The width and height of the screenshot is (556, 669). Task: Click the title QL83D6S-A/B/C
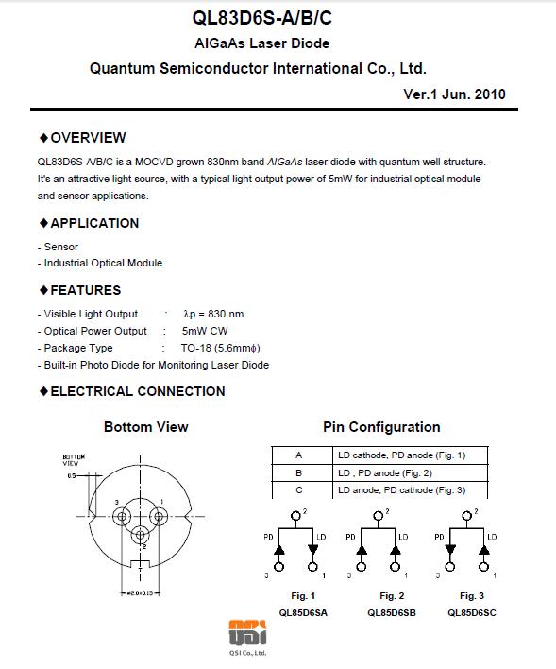tap(261, 18)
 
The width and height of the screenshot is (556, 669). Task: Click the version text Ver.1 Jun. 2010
tap(454, 94)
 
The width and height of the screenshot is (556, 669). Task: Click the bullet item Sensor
tap(61, 247)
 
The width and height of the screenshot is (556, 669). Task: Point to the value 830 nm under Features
tap(226, 314)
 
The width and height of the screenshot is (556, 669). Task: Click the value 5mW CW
tap(205, 331)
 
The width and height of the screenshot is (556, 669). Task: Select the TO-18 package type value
tap(221, 348)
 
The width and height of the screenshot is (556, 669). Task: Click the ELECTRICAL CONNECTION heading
tap(138, 391)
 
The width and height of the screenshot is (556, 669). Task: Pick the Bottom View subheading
tap(145, 427)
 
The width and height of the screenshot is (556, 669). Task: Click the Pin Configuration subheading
tap(381, 427)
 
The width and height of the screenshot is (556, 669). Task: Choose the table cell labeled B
tap(299, 472)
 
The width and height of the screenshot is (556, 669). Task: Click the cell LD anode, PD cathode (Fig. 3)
tap(401, 490)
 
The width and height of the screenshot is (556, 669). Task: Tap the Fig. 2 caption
tap(392, 596)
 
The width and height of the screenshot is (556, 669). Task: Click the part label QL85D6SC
tap(472, 613)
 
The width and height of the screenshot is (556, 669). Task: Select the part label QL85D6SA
tap(303, 613)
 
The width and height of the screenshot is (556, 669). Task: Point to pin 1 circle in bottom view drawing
tap(159, 517)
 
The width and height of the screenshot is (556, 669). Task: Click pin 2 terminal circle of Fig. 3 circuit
tap(467, 516)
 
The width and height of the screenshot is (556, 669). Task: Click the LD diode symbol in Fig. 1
tap(313, 550)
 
